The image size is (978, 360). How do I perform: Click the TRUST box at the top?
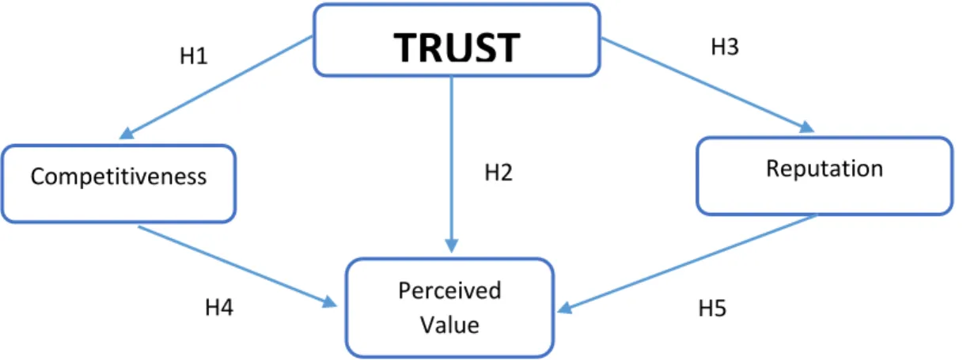click(457, 40)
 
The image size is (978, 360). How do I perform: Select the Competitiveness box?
click(119, 184)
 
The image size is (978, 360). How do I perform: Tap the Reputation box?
click(824, 176)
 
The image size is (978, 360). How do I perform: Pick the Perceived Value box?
click(449, 308)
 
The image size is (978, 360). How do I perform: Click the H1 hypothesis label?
click(193, 56)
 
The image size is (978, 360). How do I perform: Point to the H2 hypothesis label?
click(498, 172)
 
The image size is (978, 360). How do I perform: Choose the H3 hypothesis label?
click(725, 47)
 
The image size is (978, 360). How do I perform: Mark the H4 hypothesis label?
click(219, 307)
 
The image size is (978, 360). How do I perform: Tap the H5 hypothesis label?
click(712, 308)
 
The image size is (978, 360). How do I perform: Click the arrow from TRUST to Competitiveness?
click(216, 88)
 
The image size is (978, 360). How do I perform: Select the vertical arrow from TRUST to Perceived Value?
click(452, 165)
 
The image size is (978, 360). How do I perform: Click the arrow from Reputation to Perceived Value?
click(687, 263)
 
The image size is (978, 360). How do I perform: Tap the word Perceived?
click(449, 291)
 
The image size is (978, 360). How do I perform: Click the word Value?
click(449, 325)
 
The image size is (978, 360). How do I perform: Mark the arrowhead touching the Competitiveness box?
click(126, 134)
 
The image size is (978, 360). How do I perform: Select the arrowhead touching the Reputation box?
click(807, 127)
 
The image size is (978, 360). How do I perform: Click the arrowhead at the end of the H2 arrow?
click(452, 246)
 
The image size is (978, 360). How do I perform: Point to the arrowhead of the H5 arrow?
click(564, 308)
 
